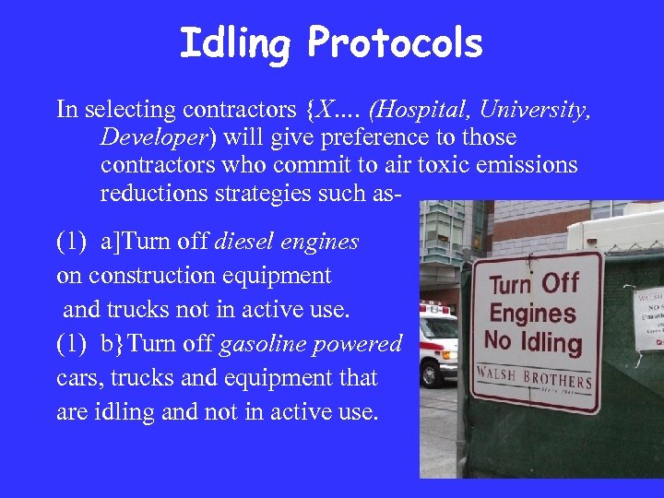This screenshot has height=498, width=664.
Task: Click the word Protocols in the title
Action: pyautogui.click(x=395, y=43)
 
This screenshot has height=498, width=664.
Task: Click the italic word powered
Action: pyautogui.click(x=361, y=345)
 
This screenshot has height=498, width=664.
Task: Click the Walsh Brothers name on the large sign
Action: pyautogui.click(x=535, y=377)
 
